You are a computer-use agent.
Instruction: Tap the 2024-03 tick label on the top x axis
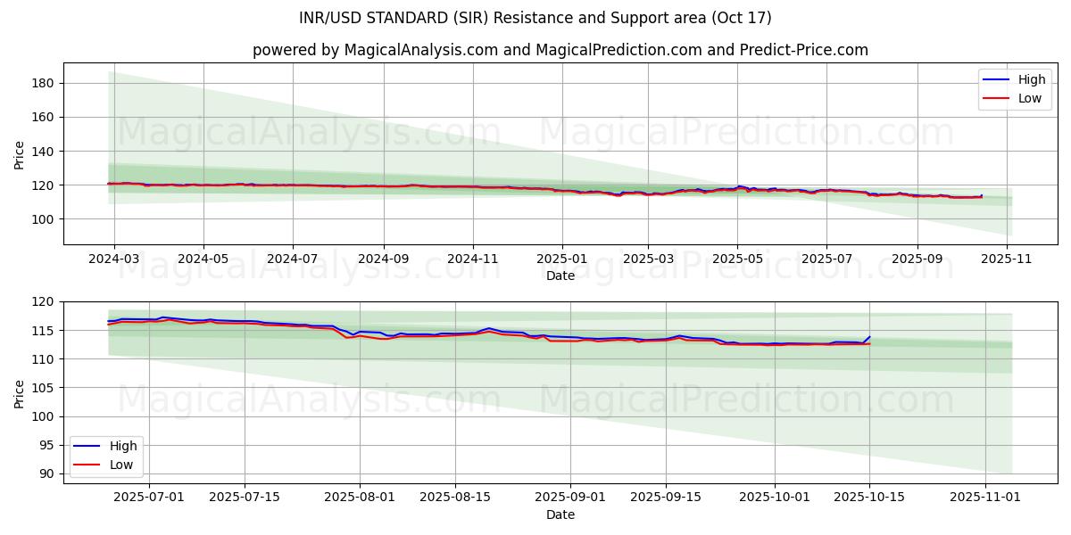tap(113, 259)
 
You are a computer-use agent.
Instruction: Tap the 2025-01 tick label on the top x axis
tap(561, 259)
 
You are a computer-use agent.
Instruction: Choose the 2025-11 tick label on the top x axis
tap(1007, 259)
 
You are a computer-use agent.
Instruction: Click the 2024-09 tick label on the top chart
tap(383, 259)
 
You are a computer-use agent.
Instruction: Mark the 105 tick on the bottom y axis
tap(45, 388)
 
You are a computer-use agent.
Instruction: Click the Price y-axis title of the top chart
tap(20, 153)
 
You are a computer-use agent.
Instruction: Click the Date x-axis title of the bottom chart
tap(560, 514)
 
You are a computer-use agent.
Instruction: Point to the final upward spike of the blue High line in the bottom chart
tap(869, 337)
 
